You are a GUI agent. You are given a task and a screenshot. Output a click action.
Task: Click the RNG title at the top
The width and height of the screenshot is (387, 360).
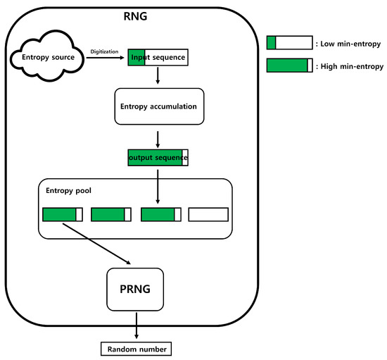tap(135, 16)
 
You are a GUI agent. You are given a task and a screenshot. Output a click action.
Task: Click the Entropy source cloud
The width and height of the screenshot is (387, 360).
tap(47, 56)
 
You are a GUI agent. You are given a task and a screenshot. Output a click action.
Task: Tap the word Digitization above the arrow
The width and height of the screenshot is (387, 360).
tap(104, 51)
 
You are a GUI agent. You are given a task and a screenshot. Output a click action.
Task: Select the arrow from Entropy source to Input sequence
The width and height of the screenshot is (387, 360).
tap(105, 58)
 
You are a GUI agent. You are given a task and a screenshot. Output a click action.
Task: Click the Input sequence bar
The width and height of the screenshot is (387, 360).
tap(158, 57)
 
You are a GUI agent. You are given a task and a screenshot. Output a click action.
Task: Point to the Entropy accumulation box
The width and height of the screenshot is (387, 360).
tap(159, 106)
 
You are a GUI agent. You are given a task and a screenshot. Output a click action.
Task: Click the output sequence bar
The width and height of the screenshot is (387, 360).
tap(158, 157)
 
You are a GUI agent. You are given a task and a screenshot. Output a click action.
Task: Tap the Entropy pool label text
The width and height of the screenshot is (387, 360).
tap(69, 190)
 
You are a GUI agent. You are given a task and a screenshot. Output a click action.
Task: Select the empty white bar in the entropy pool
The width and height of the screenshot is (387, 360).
tap(208, 214)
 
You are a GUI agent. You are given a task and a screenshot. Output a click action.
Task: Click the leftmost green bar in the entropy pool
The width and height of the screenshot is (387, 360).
tap(63, 214)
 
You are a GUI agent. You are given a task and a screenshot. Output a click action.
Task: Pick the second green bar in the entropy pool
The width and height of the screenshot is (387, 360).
tap(111, 214)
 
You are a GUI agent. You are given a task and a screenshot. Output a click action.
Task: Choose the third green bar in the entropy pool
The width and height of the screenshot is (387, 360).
tap(161, 214)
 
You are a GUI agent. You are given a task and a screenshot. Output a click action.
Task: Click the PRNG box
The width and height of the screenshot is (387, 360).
tap(135, 289)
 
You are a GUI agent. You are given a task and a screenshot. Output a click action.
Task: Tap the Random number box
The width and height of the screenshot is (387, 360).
tap(137, 349)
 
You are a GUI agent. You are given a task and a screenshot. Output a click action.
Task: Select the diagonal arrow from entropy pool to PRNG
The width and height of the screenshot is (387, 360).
tap(96, 244)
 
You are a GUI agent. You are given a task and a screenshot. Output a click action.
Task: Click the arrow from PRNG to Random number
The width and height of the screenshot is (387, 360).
tap(137, 325)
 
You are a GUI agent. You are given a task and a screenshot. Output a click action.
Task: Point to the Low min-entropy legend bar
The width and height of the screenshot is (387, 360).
tap(289, 42)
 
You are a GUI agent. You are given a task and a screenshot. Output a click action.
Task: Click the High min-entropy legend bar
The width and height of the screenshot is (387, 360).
tap(289, 66)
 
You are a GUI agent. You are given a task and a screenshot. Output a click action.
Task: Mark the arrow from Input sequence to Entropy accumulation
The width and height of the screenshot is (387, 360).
tap(158, 75)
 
